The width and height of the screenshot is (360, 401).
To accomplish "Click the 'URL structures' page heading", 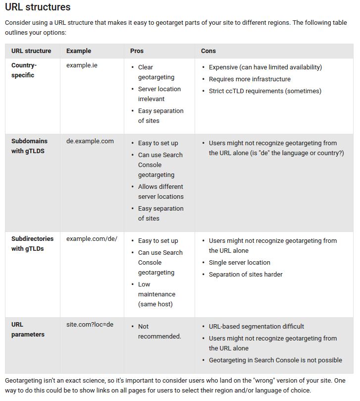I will coord(38,7).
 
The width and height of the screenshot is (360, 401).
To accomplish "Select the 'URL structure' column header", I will coord(31,51).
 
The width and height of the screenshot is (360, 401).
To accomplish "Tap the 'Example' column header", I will coord(79,51).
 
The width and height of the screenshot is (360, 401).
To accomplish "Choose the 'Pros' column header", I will coord(137,51).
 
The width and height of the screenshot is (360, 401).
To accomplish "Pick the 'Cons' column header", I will coord(208,51).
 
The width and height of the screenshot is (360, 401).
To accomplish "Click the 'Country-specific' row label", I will coord(24,70).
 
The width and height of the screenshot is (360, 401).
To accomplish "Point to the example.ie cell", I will coord(82,65).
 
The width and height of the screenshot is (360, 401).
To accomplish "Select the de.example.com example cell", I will coord(90,141).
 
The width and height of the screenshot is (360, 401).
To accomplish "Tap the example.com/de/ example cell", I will coord(92,239).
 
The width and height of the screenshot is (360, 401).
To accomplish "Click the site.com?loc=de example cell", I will coord(90,325).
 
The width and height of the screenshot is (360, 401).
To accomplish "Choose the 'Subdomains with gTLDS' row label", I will coord(29,146).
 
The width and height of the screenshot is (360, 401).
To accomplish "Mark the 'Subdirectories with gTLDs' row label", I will coord(32,244).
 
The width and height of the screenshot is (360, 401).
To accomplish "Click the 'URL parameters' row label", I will coord(28,330).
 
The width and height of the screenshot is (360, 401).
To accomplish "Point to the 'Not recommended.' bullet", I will coord(159,332).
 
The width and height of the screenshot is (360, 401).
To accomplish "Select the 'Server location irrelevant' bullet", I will coord(159,94).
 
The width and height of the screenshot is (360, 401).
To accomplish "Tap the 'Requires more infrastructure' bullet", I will coord(250,79).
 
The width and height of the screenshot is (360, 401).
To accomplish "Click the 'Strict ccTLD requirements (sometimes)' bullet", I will coord(265,91).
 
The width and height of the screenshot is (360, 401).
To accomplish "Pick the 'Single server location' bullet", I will coord(239,263).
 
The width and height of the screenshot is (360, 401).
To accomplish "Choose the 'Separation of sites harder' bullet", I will coord(246,275).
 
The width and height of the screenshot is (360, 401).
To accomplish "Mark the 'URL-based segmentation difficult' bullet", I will coord(257,327).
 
